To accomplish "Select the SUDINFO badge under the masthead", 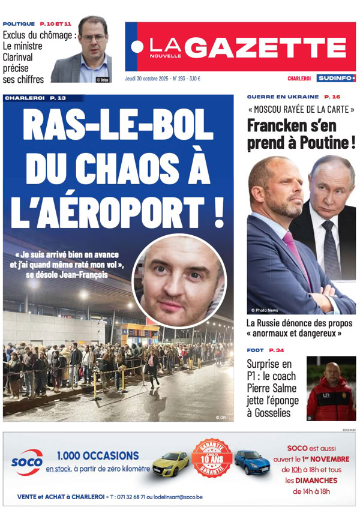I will (x=336, y=79).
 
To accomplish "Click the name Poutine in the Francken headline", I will (x=330, y=143).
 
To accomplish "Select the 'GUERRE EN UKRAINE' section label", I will (x=283, y=97).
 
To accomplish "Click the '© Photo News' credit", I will (x=265, y=310).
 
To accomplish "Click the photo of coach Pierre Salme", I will (x=331, y=388).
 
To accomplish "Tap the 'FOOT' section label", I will (x=256, y=350).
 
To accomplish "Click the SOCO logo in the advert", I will (x=26, y=463).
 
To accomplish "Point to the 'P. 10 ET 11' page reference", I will (x=56, y=23).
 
